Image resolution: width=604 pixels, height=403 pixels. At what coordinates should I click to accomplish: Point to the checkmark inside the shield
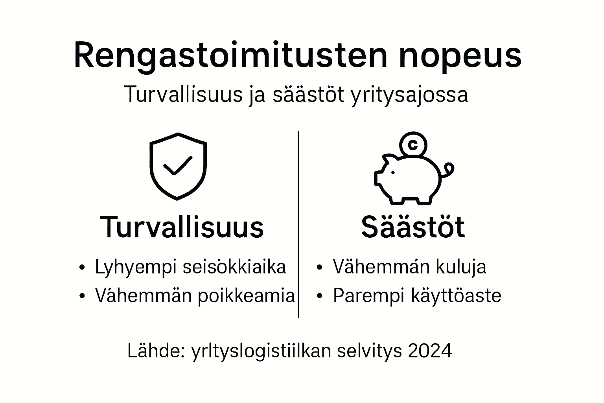tap(178, 165)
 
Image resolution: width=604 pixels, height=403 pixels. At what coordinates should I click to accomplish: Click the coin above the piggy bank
tap(412, 145)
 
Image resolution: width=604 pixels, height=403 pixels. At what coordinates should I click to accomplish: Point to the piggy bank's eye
tap(392, 172)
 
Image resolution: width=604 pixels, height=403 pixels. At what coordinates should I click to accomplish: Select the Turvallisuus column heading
tap(182, 227)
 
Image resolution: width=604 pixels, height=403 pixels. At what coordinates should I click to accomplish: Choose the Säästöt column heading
tap(413, 227)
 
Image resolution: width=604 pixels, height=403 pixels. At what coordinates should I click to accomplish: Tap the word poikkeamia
tap(246, 296)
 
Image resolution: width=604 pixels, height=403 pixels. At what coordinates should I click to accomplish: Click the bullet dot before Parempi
tap(319, 296)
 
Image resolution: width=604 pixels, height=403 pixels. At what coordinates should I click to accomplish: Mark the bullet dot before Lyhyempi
tap(82, 268)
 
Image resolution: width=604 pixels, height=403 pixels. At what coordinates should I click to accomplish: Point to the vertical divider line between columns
tap(298, 224)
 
